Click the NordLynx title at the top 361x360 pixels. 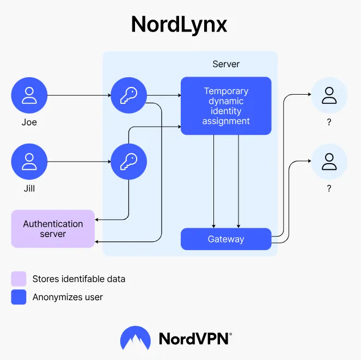(x=179, y=24)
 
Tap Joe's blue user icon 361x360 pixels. (x=29, y=95)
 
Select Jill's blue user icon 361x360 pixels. (x=29, y=162)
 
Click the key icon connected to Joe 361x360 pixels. (x=129, y=95)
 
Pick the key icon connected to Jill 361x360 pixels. (x=129, y=162)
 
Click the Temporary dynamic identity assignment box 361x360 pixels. (x=226, y=106)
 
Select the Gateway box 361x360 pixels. (x=226, y=239)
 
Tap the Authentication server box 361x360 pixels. (x=53, y=229)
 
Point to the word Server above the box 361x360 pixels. (x=226, y=64)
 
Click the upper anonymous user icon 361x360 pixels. (x=329, y=95)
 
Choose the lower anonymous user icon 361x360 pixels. (x=329, y=162)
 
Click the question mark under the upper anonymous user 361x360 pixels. (x=329, y=123)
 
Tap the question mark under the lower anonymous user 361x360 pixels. (x=329, y=189)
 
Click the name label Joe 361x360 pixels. (x=29, y=122)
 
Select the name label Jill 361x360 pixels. (x=29, y=189)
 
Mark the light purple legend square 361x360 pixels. (x=19, y=279)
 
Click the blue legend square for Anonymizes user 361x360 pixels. (x=19, y=297)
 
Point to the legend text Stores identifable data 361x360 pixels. (x=79, y=279)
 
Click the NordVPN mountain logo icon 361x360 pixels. (x=136, y=338)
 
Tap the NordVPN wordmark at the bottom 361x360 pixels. (x=194, y=338)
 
